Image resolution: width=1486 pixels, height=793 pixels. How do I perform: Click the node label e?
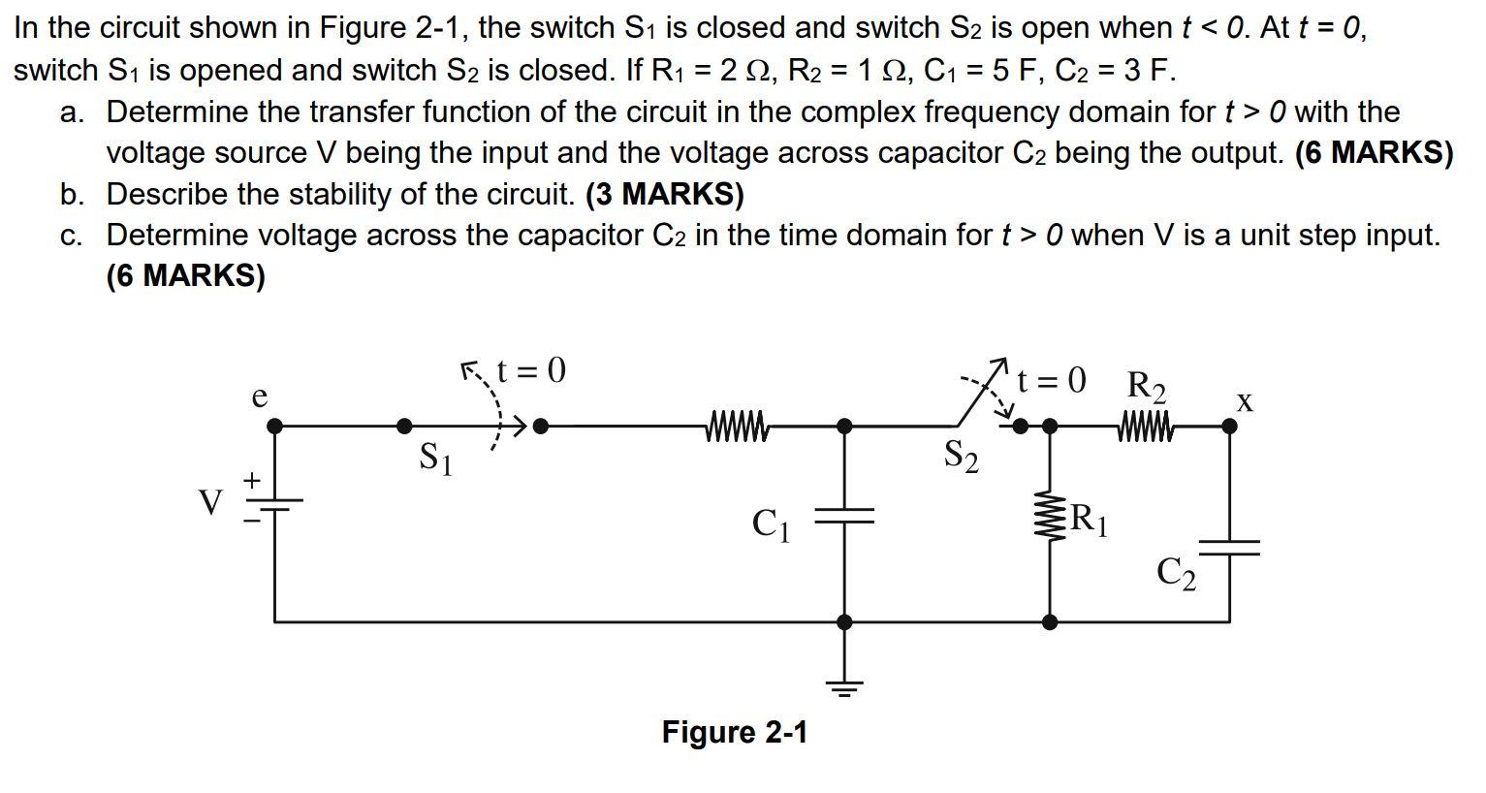[x=259, y=397]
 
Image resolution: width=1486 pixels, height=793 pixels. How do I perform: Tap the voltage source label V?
[x=210, y=503]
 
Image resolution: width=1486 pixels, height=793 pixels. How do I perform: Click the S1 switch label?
[x=435, y=458]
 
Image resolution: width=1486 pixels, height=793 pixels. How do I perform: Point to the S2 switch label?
[x=961, y=456]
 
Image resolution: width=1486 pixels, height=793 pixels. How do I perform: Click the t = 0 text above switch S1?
[x=529, y=370]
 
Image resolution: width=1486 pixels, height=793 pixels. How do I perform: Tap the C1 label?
[x=772, y=524]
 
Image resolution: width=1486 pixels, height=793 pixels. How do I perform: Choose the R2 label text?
[x=1147, y=386]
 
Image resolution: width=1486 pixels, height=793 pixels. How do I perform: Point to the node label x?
[x=1245, y=400]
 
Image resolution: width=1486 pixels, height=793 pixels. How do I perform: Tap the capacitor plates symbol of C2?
[x=1229, y=548]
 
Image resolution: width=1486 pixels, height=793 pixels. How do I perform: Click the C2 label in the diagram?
[x=1177, y=574]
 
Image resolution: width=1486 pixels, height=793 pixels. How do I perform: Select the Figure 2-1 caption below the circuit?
[x=734, y=732]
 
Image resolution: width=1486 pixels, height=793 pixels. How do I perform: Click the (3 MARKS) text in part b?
[x=664, y=194]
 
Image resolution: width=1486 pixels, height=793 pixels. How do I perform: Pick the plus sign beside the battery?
[x=252, y=480]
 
